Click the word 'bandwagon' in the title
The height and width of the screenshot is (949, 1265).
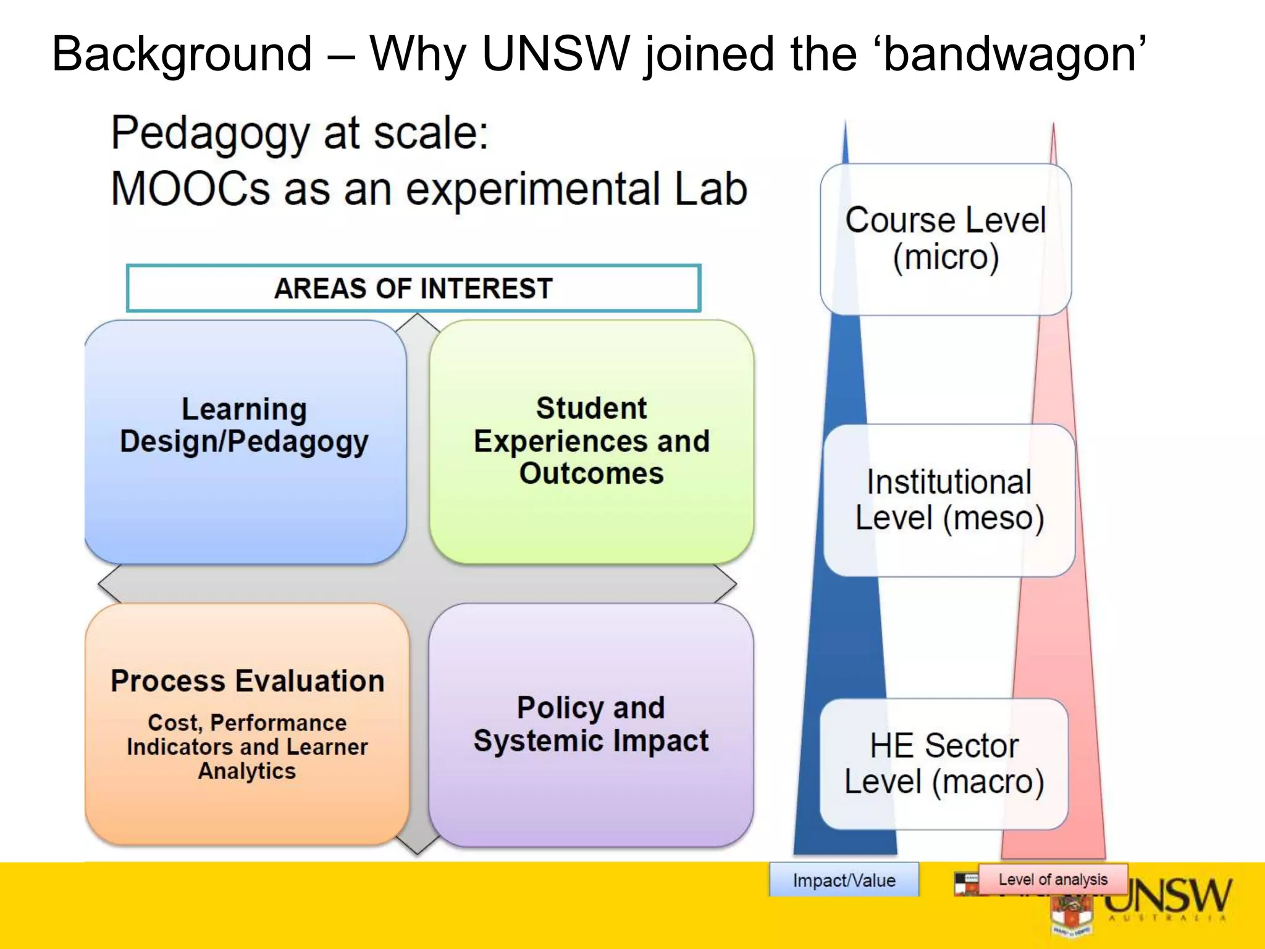pyautogui.click(x=1011, y=54)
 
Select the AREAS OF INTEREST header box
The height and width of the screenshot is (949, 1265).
pyautogui.click(x=413, y=289)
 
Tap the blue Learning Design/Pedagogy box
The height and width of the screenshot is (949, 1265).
pyautogui.click(x=245, y=441)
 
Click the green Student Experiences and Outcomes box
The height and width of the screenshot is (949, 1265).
pyautogui.click(x=591, y=441)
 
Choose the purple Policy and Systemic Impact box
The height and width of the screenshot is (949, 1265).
pyautogui.click(x=591, y=724)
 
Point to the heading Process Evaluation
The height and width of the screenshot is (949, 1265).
pyautogui.click(x=247, y=681)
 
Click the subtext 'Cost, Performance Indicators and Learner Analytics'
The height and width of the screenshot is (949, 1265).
pyautogui.click(x=247, y=747)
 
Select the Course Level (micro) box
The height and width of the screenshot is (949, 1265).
pyautogui.click(x=945, y=239)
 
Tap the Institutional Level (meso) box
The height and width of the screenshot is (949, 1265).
pyautogui.click(x=949, y=500)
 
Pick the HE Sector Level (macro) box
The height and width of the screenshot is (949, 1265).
pyautogui.click(x=944, y=764)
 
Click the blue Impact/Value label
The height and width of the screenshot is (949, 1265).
pyautogui.click(x=844, y=880)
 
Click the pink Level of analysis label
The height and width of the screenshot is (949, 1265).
pyautogui.click(x=1053, y=879)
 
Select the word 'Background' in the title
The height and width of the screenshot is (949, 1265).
pyautogui.click(x=182, y=54)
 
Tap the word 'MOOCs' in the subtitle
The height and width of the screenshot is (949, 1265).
pyautogui.click(x=190, y=189)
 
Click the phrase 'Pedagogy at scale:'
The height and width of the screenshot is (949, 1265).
pyautogui.click(x=300, y=133)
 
